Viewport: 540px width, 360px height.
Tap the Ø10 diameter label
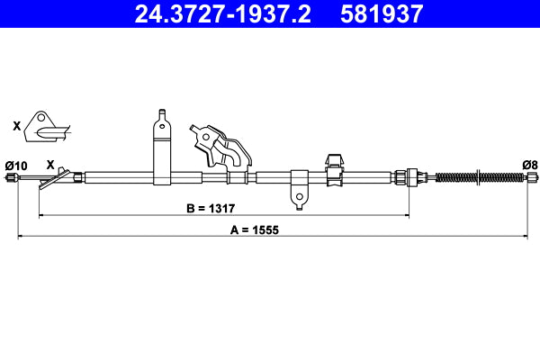click(16, 165)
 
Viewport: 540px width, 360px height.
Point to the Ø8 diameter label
click(529, 165)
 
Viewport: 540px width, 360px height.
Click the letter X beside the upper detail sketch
click(17, 126)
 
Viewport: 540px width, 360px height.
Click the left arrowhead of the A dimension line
click(22, 237)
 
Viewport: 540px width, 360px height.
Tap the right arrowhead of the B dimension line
click(408, 216)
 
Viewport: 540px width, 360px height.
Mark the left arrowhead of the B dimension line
click(41, 216)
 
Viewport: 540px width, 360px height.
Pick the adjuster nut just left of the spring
click(412, 177)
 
